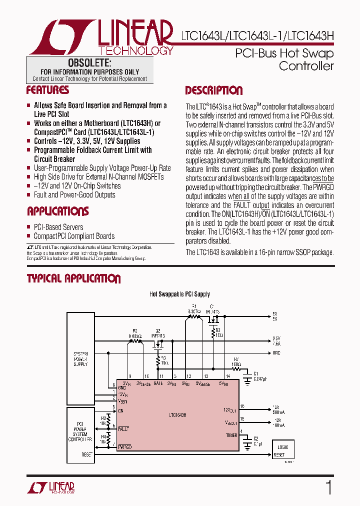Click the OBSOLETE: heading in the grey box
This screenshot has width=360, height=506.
(x=89, y=63)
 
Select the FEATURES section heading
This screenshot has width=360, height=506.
(x=47, y=90)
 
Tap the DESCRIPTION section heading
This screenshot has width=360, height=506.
(x=214, y=90)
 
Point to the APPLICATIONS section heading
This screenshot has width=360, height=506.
(x=57, y=211)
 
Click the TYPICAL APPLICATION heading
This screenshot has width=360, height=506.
(x=73, y=279)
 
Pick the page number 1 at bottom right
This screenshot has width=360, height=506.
(x=328, y=487)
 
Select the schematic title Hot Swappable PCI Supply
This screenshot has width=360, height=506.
(x=179, y=294)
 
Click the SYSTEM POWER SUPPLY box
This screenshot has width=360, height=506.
(x=80, y=359)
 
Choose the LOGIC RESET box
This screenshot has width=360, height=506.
(x=280, y=451)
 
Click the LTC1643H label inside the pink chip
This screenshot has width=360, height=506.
(x=177, y=415)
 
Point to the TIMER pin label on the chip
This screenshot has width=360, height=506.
(x=231, y=435)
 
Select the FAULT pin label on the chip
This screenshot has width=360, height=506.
(x=123, y=428)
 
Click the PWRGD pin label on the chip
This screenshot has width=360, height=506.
(x=124, y=446)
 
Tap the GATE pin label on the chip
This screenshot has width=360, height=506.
(x=158, y=383)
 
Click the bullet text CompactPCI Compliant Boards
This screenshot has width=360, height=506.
(x=74, y=236)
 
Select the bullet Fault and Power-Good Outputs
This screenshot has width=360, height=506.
(x=74, y=194)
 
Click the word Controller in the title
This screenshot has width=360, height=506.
(x=306, y=66)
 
